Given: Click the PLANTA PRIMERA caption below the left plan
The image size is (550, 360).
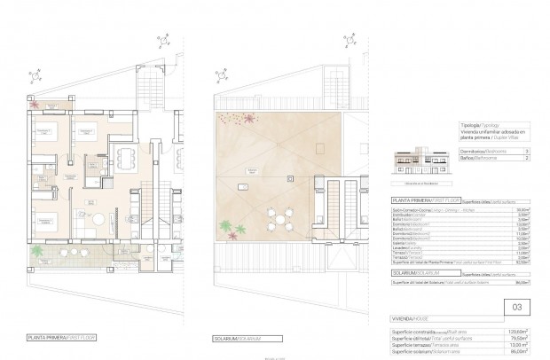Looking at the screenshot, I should tap(61, 337).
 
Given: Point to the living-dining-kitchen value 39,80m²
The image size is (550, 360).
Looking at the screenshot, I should tap(522, 208).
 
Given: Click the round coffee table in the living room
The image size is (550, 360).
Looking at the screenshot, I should tap(100, 219).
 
